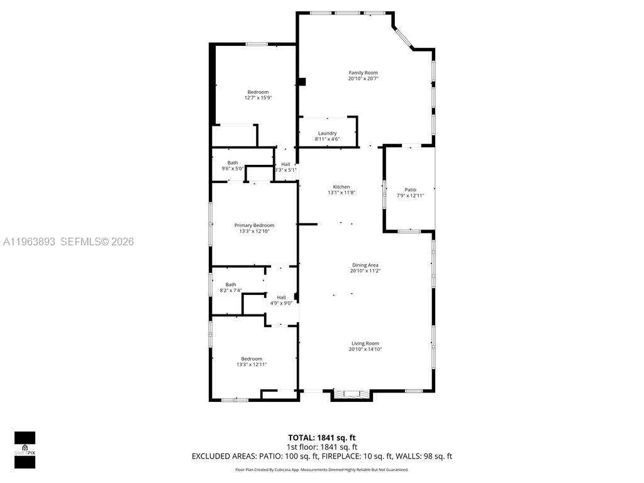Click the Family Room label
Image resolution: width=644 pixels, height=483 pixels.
[363, 73]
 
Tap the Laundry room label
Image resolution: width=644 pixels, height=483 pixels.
[327, 133]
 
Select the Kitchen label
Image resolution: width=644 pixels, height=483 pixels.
[341, 187]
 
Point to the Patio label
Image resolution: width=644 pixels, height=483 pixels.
[410, 190]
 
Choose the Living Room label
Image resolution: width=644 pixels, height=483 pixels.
[365, 343]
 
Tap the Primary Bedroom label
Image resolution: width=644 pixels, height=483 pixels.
[254, 225]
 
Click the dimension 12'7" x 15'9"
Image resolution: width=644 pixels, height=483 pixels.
[258, 98]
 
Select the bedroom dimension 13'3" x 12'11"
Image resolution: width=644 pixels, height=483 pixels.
[252, 365]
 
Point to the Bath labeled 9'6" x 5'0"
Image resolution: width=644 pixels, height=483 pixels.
[233, 163]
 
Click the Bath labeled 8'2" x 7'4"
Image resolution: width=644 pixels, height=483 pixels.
[231, 284]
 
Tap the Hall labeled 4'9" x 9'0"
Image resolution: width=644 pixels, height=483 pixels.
[281, 297]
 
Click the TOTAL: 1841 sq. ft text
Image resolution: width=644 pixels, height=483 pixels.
[321, 437]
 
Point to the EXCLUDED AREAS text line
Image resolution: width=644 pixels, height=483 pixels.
[321, 457]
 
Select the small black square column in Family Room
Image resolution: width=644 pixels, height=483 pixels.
[302, 81]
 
